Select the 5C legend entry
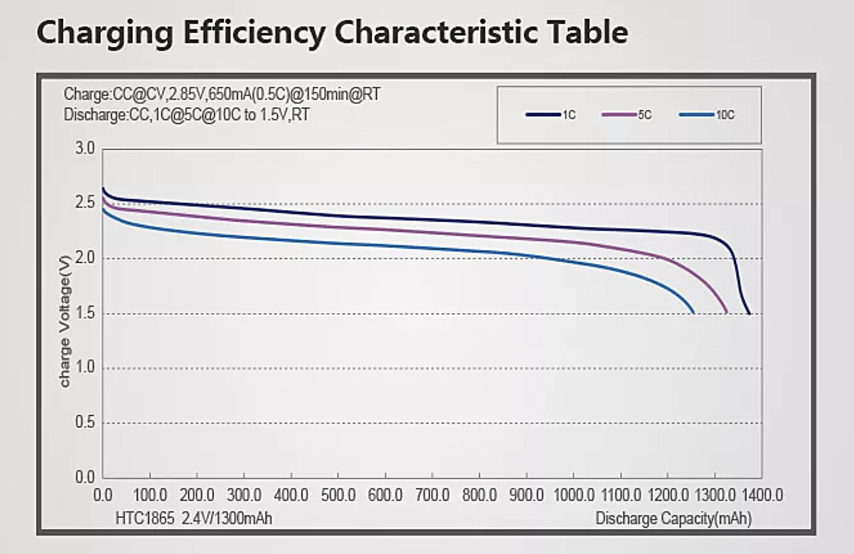pyautogui.click(x=626, y=114)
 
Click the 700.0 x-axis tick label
pyautogui.click(x=432, y=495)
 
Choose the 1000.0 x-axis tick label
pyautogui.click(x=573, y=495)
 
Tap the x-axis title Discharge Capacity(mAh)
pyautogui.click(x=673, y=519)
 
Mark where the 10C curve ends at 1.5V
pyautogui.click(x=693, y=313)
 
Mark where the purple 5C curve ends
pyautogui.click(x=727, y=313)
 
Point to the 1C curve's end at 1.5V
pyautogui.click(x=749, y=314)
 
